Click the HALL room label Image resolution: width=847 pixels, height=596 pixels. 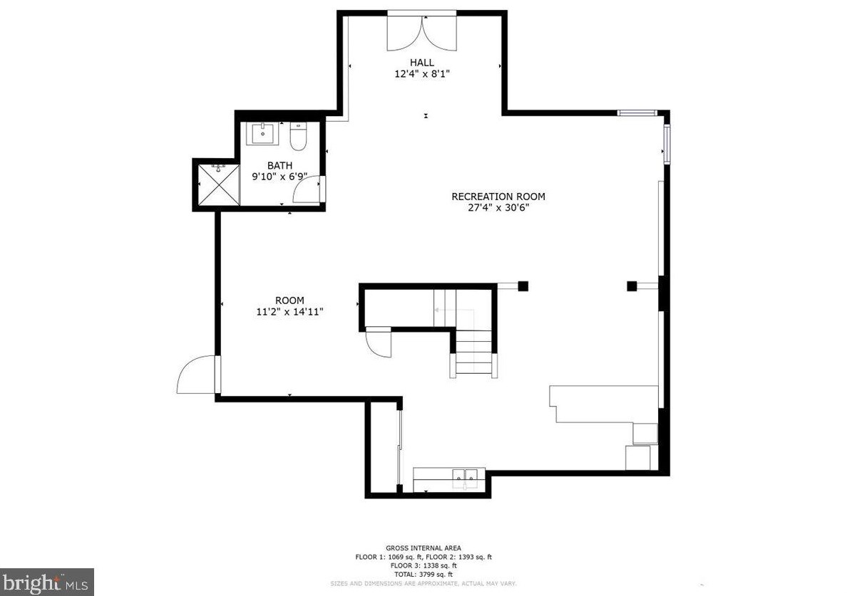(x=421, y=63)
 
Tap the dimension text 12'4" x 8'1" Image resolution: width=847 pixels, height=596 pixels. (x=421, y=73)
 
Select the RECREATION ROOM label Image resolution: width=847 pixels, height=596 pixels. (x=498, y=197)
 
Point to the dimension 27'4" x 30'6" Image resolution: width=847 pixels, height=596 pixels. (x=498, y=208)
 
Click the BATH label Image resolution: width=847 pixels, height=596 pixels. (x=279, y=165)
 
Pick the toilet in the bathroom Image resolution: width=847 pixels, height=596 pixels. (x=298, y=137)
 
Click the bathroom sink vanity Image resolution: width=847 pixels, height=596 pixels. (x=263, y=133)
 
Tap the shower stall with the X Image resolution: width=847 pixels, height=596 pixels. (x=217, y=184)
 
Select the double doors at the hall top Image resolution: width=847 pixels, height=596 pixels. (x=422, y=32)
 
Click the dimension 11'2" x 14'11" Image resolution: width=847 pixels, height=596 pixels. (x=289, y=311)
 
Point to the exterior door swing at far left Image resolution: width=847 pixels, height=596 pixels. (x=196, y=376)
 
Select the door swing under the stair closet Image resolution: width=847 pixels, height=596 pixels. (x=379, y=345)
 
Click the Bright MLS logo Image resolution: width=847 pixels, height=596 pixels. (x=46, y=582)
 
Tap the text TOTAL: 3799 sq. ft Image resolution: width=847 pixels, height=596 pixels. (x=423, y=574)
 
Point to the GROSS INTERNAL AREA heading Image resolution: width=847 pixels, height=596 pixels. (x=423, y=548)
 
